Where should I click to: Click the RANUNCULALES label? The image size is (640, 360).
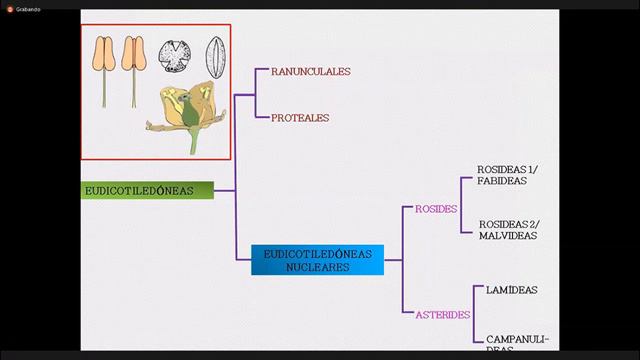point(310,72)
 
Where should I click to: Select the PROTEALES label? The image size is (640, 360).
point(299,118)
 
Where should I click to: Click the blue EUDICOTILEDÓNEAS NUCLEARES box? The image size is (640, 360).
point(317,260)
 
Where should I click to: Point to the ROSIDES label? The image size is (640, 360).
point(436,209)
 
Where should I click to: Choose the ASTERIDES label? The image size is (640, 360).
point(443,314)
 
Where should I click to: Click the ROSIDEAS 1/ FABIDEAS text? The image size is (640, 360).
point(508,175)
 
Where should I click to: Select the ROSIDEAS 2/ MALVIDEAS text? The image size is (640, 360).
point(508,229)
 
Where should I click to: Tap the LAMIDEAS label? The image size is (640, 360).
point(511,290)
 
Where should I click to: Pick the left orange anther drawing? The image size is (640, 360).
point(105,56)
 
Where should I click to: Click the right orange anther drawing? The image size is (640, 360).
point(133,56)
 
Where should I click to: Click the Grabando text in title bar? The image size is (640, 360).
point(27,5)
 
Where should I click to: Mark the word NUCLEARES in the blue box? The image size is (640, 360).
point(317,267)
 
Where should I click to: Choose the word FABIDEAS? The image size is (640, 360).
point(501,182)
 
